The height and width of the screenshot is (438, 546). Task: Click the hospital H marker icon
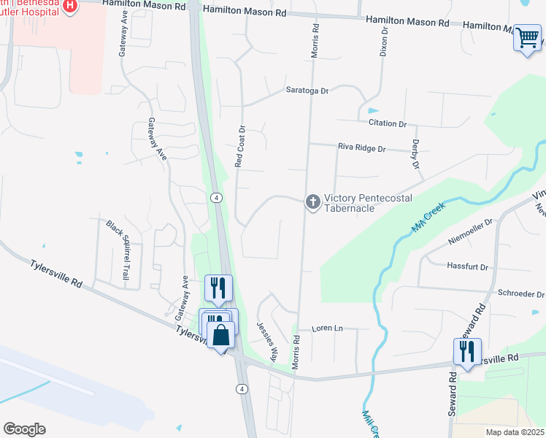coord(70,7)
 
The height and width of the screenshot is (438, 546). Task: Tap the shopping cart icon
coord(527,36)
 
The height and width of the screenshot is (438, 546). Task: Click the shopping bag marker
coord(221,337)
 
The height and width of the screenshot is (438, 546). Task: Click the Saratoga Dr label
coord(307,91)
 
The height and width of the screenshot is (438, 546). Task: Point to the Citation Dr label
coord(388,124)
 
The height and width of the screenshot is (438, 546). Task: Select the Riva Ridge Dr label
coord(361,147)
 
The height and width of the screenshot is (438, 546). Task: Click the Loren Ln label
coord(327,328)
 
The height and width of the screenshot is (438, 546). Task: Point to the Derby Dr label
coord(416,155)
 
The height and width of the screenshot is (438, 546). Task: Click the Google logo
coord(24,429)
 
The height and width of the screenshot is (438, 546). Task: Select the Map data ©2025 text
coord(514,432)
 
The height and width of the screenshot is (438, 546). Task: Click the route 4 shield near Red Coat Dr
coord(216,198)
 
